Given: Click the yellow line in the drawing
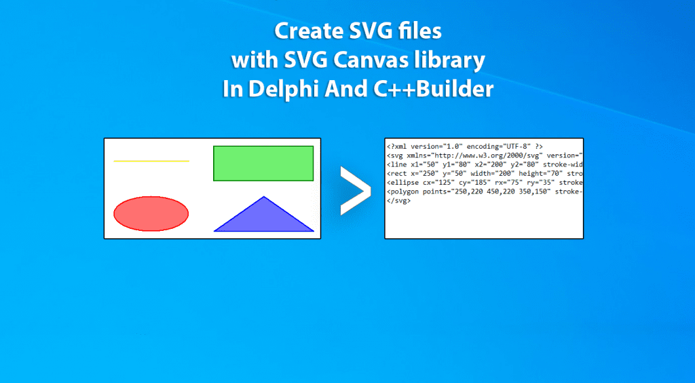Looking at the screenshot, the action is (151, 161).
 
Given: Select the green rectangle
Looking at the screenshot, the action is (263, 163).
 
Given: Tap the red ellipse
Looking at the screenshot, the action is (151, 214).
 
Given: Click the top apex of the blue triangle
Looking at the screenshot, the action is (264, 196).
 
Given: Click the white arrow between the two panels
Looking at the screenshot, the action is (355, 191).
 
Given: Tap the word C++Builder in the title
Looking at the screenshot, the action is (430, 90).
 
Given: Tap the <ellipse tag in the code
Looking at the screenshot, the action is (403, 183).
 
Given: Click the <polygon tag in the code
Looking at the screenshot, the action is (403, 192).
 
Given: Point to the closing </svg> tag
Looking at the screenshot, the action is (399, 201).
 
